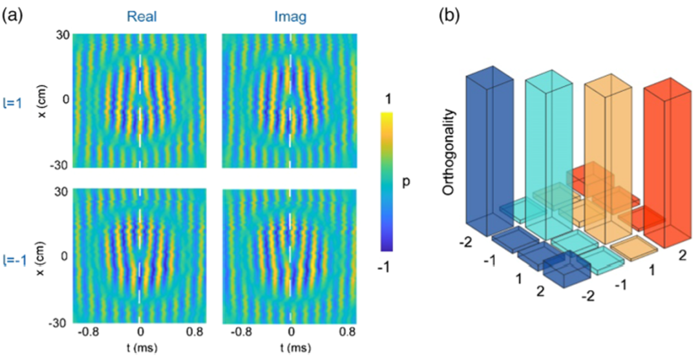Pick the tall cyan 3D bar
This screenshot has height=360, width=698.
(549, 155)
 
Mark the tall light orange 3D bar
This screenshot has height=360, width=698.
(607, 149)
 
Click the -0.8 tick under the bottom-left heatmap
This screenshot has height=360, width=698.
(87, 334)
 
